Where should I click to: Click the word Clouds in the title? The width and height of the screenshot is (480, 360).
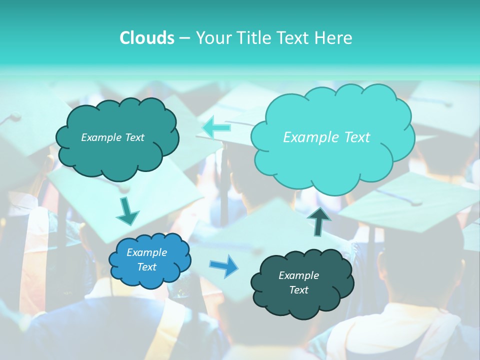pyautogui.click(x=146, y=38)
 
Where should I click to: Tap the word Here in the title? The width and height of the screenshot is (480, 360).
pyautogui.click(x=334, y=38)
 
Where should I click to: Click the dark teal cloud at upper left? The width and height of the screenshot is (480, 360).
pyautogui.click(x=117, y=155)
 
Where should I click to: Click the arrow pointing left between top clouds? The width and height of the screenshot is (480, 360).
pyautogui.click(x=216, y=127)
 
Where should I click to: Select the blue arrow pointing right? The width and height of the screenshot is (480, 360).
pyautogui.click(x=224, y=265)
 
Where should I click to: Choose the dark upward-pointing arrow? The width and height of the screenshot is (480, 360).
pyautogui.click(x=319, y=221)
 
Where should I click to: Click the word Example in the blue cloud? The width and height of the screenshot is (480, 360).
pyautogui.click(x=146, y=252)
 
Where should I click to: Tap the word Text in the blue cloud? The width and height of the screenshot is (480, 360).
pyautogui.click(x=147, y=267)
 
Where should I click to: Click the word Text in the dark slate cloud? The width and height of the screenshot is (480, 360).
pyautogui.click(x=299, y=290)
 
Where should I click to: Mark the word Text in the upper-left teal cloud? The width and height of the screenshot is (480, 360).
pyautogui.click(x=134, y=137)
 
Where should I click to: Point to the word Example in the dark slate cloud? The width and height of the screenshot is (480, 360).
pyautogui.click(x=298, y=275)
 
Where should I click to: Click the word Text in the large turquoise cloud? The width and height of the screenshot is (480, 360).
pyautogui.click(x=356, y=137)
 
